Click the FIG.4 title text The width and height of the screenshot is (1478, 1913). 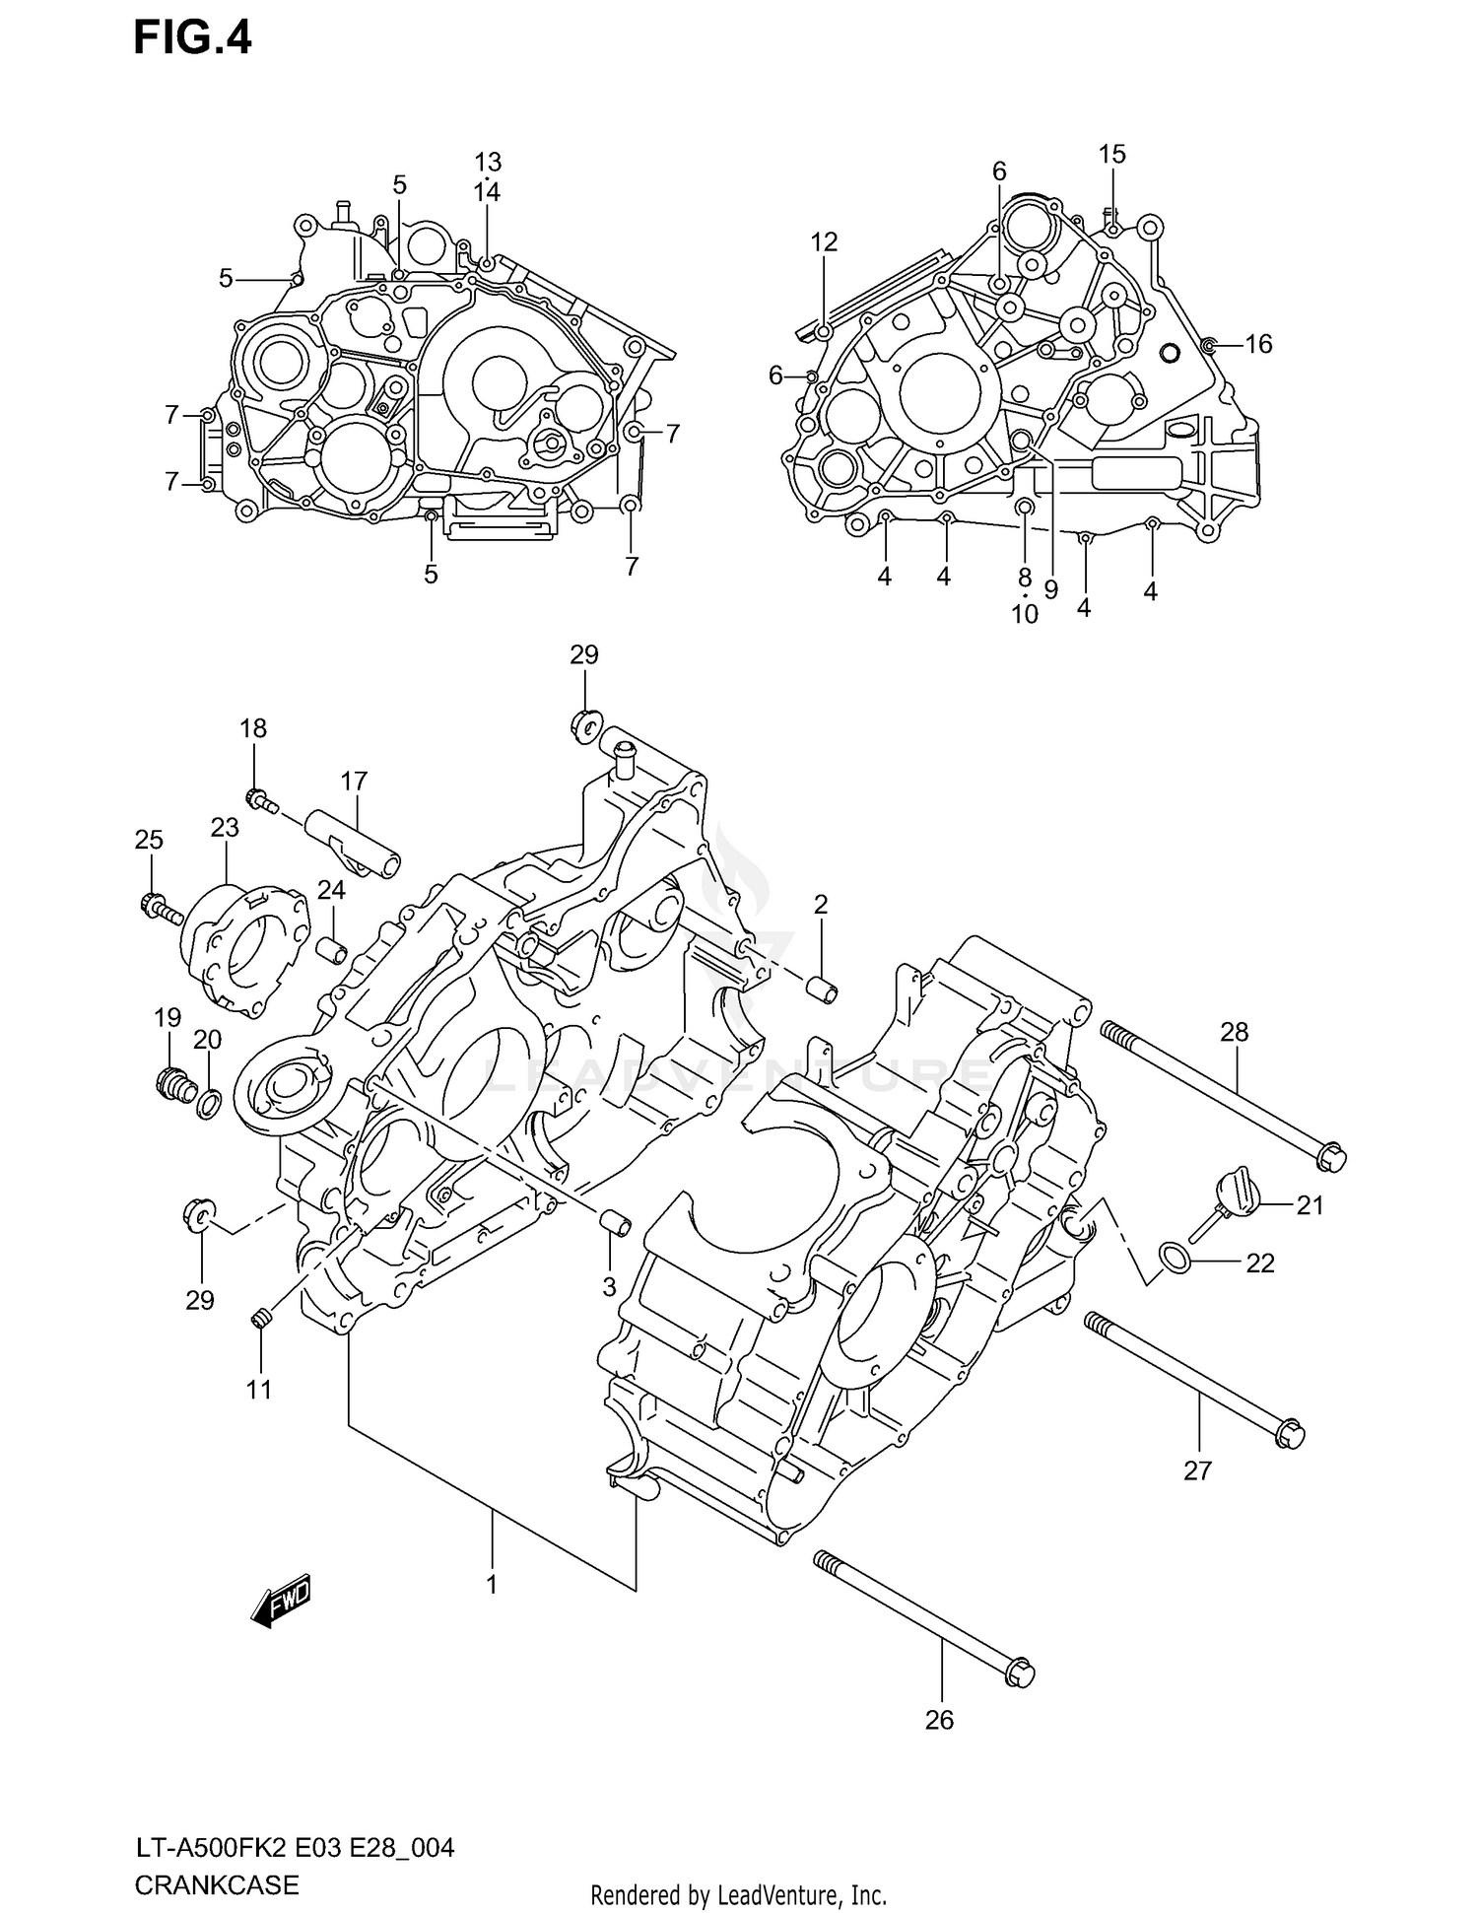pyautogui.click(x=193, y=38)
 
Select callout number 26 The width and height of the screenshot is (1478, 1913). pyautogui.click(x=939, y=1719)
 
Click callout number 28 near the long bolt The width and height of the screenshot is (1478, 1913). pyautogui.click(x=1234, y=1032)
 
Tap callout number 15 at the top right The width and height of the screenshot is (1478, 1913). pyautogui.click(x=1111, y=154)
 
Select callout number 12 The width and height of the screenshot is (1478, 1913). pyautogui.click(x=824, y=241)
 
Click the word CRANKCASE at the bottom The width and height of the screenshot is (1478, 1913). pyautogui.click(x=216, y=1885)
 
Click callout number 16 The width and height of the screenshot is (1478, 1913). pyautogui.click(x=1258, y=344)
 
